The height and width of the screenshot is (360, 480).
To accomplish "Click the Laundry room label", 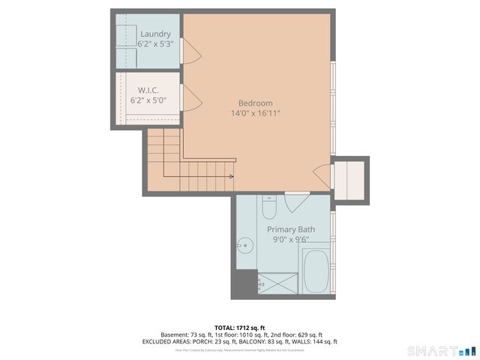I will point(155,34).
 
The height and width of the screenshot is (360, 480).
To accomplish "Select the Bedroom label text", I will point(255,103).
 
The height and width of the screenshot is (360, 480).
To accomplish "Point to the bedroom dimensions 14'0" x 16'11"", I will point(255,114).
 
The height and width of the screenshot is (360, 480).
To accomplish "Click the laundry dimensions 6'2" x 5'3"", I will point(155,44).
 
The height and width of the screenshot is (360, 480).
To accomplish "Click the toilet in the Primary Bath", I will point(269,205).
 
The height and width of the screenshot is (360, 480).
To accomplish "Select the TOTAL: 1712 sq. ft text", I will point(240,328).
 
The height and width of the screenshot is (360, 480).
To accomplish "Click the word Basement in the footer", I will point(175,334).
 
